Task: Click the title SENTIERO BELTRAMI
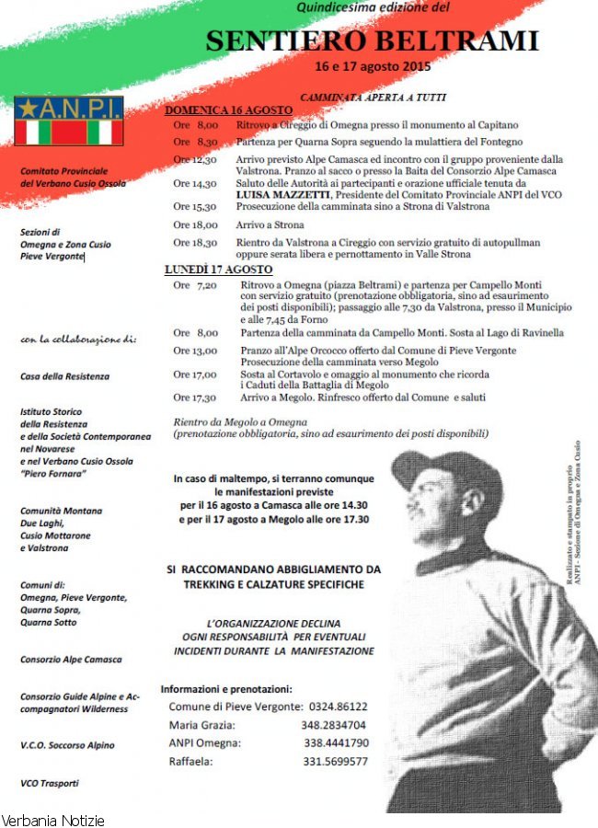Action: click(372, 41)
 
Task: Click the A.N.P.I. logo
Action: click(69, 120)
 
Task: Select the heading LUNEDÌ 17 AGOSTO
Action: click(219, 270)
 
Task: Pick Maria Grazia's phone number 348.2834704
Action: click(333, 725)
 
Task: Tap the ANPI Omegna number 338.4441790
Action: click(336, 743)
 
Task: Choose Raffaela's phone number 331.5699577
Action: click(335, 762)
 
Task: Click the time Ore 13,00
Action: click(195, 351)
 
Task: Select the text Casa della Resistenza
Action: click(64, 376)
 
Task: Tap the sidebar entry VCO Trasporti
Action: click(50, 783)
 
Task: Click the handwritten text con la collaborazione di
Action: click(77, 339)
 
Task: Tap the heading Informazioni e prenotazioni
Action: click(226, 688)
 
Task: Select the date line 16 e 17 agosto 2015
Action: click(372, 66)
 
